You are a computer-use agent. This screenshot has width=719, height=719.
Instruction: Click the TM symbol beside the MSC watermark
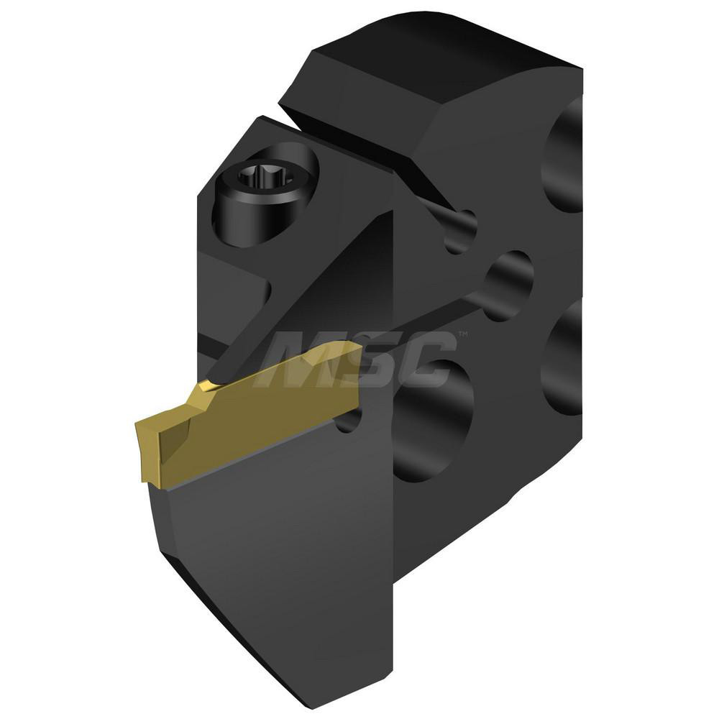tap(463, 335)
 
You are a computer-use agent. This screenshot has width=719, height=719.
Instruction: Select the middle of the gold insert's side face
tap(259, 417)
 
